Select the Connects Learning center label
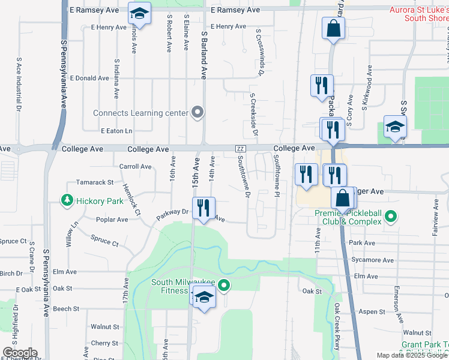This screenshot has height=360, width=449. point(141,113)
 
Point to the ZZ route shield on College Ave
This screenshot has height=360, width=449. point(240,149)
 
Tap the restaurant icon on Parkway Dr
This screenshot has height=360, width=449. point(203,208)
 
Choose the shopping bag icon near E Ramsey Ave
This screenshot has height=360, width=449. point(333,28)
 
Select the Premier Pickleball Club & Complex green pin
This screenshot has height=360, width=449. point(391,215)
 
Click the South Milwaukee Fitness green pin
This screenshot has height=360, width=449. point(224,286)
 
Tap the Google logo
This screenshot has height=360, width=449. point(19,353)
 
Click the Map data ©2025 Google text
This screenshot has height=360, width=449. point(411,355)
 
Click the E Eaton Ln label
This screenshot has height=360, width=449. point(116,131)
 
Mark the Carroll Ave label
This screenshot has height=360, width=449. point(136,166)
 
